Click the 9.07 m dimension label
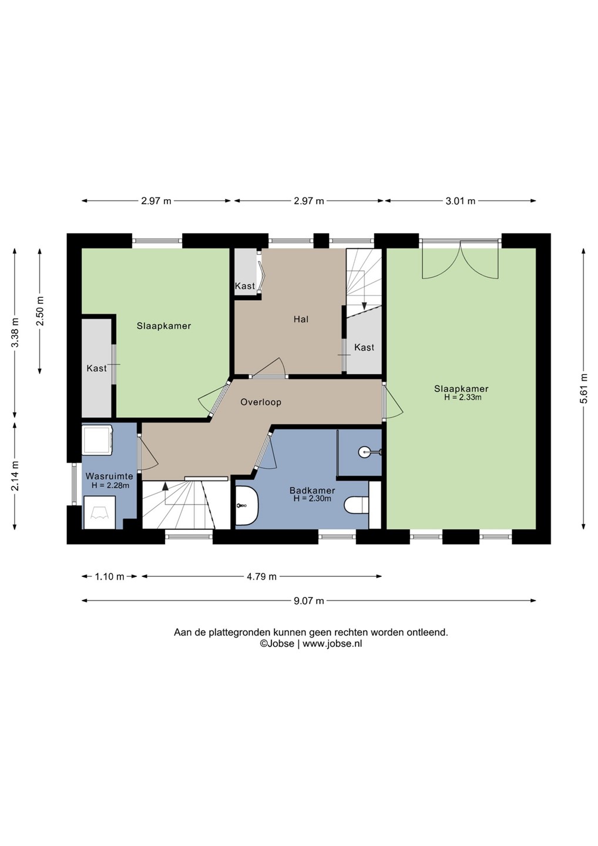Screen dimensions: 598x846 309,600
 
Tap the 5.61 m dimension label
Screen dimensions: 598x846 584,389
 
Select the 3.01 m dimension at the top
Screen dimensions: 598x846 460,201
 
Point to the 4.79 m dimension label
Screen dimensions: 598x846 261,576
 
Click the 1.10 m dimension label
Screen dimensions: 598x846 109,576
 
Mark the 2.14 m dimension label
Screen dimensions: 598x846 15,476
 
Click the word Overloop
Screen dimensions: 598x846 261,402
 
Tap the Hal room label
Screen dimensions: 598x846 301,319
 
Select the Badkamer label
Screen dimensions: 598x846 312,491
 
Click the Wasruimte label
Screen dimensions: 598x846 109,476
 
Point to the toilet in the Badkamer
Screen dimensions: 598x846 357,505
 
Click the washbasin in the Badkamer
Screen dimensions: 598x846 247,505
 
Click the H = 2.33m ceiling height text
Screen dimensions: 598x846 462,397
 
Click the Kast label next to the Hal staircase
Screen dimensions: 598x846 364,347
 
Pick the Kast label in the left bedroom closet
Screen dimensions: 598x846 97,368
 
